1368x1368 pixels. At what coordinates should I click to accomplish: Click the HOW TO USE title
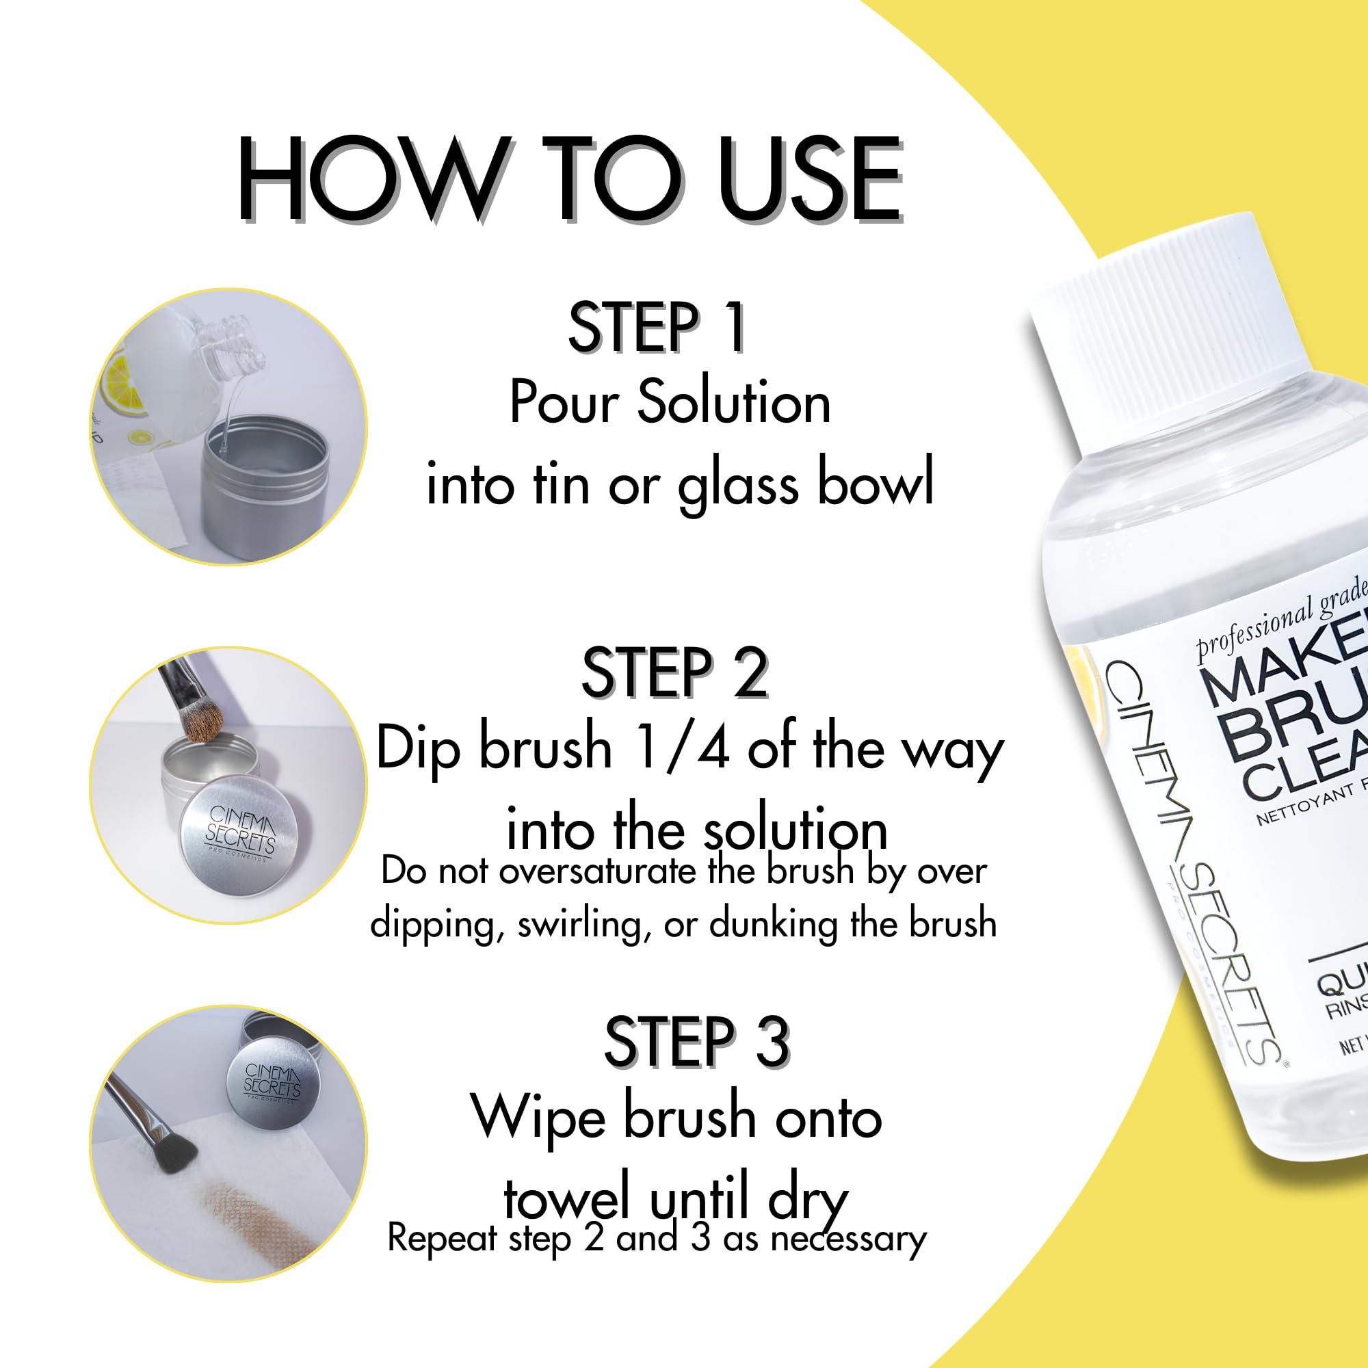click(570, 183)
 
